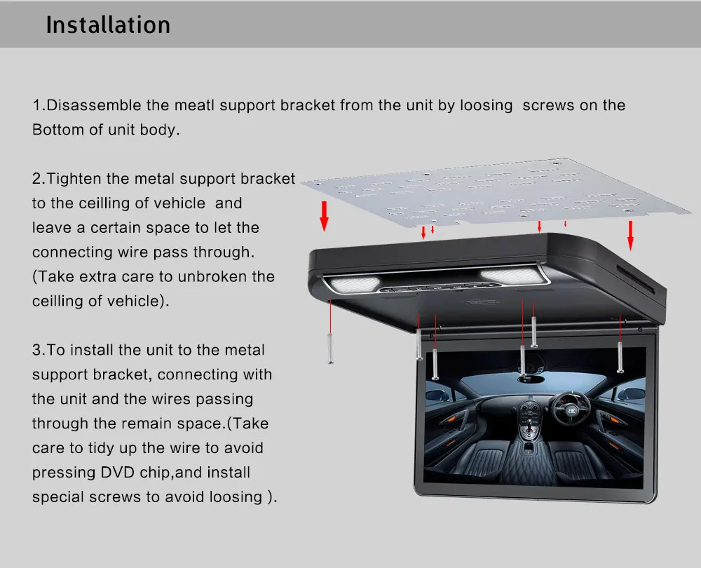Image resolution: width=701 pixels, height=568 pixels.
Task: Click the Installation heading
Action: [x=108, y=25]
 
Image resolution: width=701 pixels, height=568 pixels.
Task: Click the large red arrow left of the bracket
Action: [x=324, y=215]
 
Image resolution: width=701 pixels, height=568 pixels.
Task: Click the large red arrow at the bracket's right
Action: [x=630, y=234]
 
